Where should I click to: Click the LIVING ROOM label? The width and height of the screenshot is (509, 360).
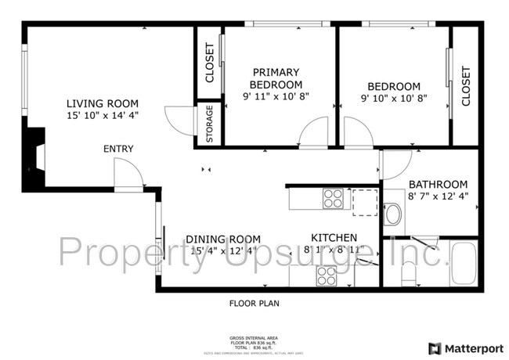click(103, 103)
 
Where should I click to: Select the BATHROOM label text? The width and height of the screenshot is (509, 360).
click(439, 185)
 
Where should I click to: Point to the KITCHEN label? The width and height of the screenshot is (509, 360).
click(334, 238)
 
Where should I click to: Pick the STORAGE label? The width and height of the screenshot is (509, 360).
click(209, 124)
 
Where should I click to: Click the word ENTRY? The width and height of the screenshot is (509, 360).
click(118, 149)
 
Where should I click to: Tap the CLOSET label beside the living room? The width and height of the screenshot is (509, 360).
click(209, 63)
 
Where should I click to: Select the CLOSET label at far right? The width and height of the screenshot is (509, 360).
click(466, 85)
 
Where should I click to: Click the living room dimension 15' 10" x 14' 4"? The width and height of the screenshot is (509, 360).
click(103, 116)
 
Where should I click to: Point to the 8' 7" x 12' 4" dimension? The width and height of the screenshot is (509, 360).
click(439, 197)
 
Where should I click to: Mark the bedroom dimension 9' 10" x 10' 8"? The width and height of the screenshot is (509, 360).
click(394, 99)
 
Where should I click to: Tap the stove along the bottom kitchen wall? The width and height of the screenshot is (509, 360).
click(326, 275)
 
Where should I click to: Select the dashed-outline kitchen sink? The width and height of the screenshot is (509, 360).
click(363, 201)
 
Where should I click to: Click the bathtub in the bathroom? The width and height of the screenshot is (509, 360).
click(464, 265)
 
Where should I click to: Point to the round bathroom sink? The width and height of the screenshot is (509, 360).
click(393, 214)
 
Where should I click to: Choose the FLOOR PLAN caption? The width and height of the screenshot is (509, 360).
click(254, 303)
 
